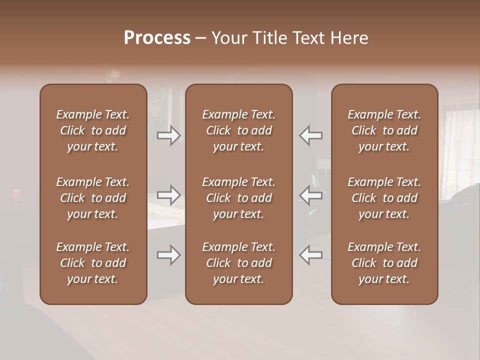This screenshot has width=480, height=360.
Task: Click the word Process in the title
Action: coord(157,37)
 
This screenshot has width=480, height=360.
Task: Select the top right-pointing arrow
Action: coord(169,135)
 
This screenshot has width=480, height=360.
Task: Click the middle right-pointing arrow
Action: coord(169,195)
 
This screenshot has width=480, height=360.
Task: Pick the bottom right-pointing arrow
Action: coord(169,255)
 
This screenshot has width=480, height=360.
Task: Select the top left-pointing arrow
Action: coord(311,135)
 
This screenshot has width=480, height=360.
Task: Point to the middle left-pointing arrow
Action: coord(311,195)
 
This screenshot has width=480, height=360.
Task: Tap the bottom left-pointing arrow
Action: coord(311,255)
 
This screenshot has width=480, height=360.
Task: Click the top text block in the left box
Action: coord(93,130)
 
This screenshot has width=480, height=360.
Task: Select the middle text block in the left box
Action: coord(93,198)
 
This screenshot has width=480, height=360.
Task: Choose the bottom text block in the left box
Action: coord(93,263)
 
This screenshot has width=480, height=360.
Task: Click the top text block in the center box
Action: coord(239,130)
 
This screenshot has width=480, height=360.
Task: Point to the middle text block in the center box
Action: coord(239,198)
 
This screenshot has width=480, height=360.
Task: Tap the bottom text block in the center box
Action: coord(239,263)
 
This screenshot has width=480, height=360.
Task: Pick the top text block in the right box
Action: coord(384,130)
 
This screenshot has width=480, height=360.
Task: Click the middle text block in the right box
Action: coord(384,198)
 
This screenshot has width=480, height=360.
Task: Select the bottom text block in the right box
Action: coord(384,263)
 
